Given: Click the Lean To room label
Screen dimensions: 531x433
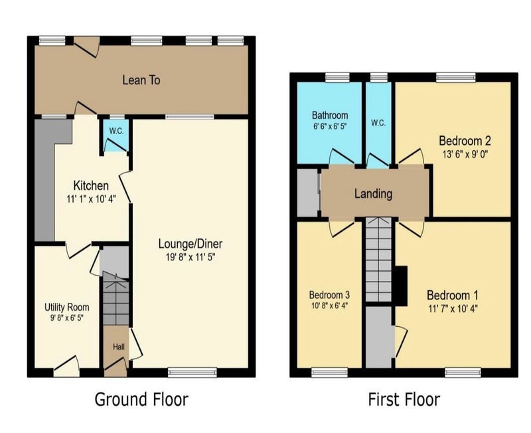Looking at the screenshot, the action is coord(141,80).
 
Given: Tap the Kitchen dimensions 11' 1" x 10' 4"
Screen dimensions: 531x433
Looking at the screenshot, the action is coord(92,199).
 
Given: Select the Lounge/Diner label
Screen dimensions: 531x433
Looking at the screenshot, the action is coord(190,244).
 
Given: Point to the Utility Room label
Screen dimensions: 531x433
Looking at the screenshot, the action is coord(67,307).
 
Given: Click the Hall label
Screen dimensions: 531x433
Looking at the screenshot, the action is coord(119,347).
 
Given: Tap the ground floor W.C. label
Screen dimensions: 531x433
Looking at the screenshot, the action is coord(116,131).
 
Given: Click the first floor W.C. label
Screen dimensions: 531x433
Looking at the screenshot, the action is coord(378,123).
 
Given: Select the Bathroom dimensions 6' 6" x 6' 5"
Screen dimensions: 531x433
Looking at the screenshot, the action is coord(330,127).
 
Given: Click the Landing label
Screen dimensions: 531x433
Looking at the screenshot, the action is coord(373,194).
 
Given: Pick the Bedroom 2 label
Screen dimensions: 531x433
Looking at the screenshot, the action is coord(465,140).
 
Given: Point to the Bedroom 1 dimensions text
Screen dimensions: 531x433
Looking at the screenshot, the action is coord(453,308).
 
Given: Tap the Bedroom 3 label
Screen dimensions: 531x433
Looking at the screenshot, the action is coord(329,295).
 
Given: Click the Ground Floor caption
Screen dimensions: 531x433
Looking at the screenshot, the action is coord(141,399).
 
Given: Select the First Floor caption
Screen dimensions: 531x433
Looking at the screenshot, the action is coord(404,399).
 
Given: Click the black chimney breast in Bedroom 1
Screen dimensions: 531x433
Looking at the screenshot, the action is coord(402,286).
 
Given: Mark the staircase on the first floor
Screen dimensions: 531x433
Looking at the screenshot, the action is coord(378,260).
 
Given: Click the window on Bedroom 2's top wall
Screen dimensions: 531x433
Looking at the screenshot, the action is coord(456,78).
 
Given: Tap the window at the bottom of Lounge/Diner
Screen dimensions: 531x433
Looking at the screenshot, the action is coord(192,373).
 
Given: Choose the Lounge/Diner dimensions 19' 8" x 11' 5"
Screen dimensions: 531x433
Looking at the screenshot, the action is coord(190,257).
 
